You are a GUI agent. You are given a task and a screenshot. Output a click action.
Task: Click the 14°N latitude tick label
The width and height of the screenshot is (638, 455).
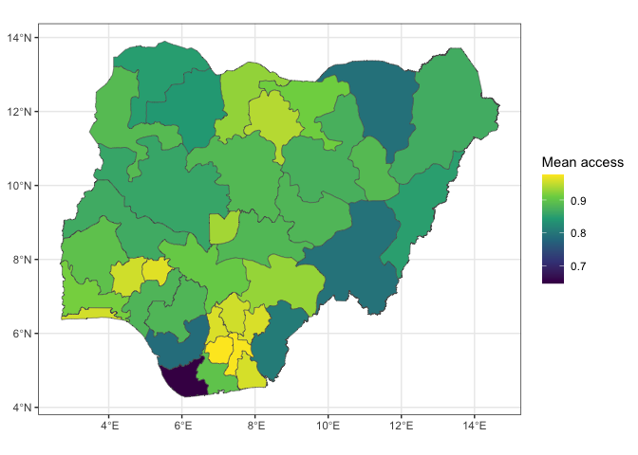[x=18, y=38]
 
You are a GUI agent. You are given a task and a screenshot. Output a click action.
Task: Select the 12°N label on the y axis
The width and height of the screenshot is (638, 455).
[x=18, y=112]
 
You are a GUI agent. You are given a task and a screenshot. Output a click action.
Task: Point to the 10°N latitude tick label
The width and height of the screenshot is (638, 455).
[x=18, y=186]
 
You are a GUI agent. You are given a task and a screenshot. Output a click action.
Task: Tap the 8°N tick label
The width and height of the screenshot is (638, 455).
[x=21, y=260]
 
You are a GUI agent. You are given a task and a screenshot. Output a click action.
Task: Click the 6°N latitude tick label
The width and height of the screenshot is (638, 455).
[x=21, y=334]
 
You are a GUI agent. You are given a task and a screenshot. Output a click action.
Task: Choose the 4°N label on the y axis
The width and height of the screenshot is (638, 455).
[x=21, y=408]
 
